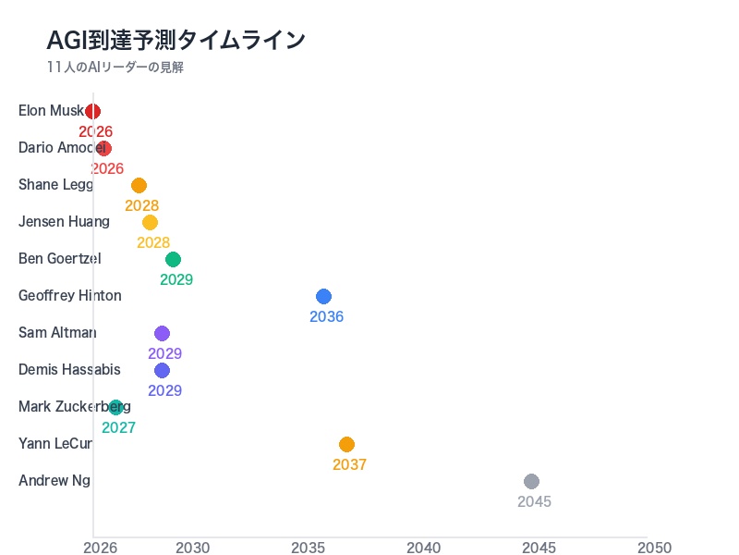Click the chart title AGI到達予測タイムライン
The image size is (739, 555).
coord(176,40)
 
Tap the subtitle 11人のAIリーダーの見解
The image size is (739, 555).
coord(115,68)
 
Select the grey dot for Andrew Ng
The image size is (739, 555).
coord(531,481)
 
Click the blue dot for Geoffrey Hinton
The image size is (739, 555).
coord(323,296)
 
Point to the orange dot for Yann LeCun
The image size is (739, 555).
coord(346,444)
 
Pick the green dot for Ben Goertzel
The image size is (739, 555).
coord(173,259)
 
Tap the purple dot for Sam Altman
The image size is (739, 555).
coord(162,333)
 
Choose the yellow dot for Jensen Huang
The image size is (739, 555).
coord(150,222)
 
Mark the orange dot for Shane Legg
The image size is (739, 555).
coord(139,185)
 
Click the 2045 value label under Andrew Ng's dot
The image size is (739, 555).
coord(534,501)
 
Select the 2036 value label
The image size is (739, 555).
coord(326,316)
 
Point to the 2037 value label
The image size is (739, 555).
coord(349,464)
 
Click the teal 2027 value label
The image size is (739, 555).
coord(118,427)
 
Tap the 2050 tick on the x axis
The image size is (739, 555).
coord(654,548)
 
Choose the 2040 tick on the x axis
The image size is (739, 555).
coord(424,548)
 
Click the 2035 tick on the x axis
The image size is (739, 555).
coord(309,548)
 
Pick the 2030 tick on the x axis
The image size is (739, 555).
coord(193,548)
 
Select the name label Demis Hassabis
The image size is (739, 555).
coord(69,370)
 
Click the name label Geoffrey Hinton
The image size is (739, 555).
coord(70,296)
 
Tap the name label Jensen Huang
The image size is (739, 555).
coord(64,222)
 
